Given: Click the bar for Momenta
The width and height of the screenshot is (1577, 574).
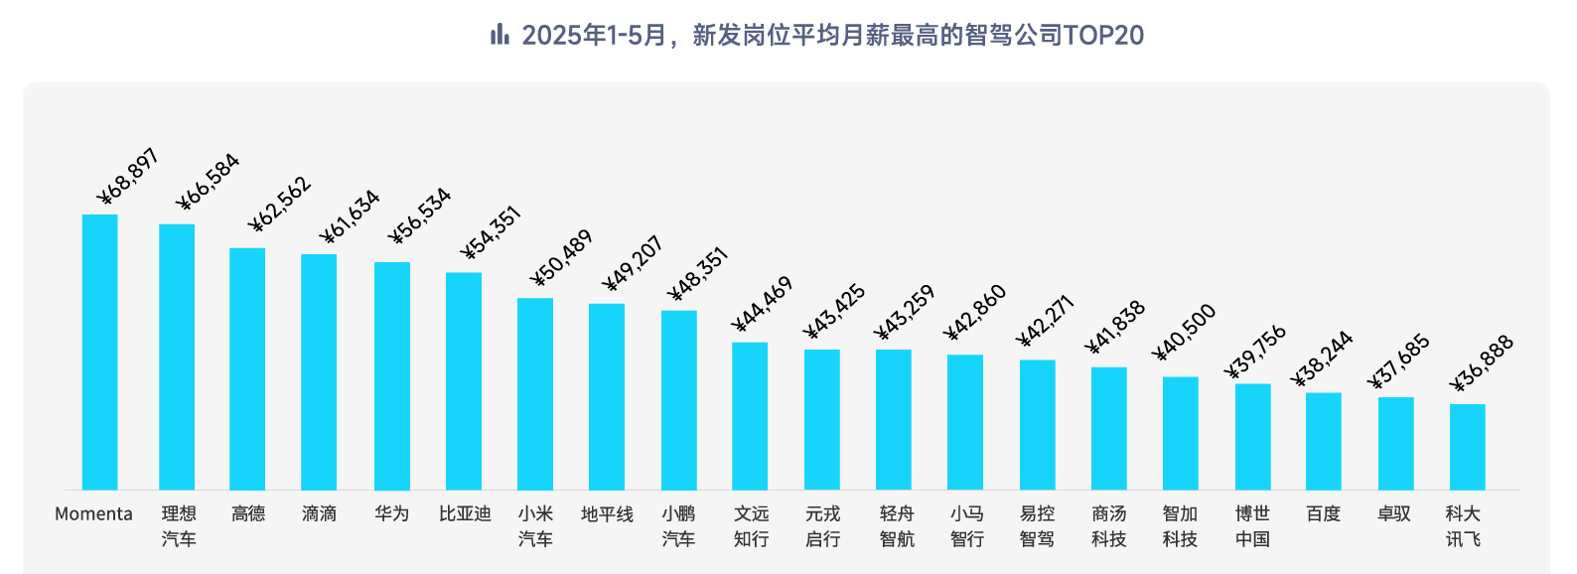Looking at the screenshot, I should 99,353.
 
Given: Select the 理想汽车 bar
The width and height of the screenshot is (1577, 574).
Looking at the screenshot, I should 177,358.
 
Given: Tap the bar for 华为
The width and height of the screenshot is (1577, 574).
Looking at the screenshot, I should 392,376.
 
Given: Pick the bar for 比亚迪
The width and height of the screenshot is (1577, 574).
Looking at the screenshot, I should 464,381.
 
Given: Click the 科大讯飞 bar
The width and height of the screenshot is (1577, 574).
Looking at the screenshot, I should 1468,447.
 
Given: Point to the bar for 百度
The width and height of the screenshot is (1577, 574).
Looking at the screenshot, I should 1324,442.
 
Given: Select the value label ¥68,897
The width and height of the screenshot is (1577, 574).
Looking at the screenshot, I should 128,177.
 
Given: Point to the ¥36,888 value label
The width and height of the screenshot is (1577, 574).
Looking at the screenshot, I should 1482,363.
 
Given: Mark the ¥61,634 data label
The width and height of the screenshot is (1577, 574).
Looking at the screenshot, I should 350,216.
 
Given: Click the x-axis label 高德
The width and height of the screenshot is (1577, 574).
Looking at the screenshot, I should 248,513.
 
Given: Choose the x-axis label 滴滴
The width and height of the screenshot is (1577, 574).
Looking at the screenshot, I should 320,513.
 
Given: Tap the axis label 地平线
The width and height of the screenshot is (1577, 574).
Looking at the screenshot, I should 607,513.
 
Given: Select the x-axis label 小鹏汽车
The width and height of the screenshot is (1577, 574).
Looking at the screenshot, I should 679,526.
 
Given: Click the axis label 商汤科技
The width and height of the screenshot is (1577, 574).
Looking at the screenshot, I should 1109,526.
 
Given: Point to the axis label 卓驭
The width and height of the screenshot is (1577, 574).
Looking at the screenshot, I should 1394,513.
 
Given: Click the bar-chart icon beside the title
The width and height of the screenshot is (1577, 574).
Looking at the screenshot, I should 500,35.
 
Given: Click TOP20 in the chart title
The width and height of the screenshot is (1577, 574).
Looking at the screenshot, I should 1103,36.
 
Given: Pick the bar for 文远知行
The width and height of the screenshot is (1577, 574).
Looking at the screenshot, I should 750,416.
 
